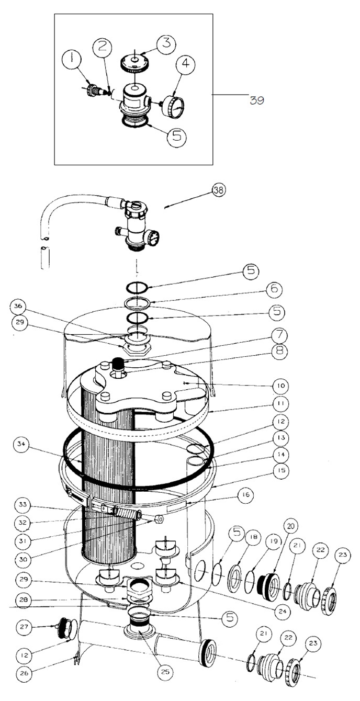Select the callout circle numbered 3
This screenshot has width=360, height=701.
pyautogui.click(x=166, y=42)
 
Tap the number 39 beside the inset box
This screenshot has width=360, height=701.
pyautogui.click(x=257, y=100)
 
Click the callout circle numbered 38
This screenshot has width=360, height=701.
pyautogui.click(x=219, y=190)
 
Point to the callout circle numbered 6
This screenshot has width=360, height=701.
pyautogui.click(x=274, y=289)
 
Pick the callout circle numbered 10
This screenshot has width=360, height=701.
pyautogui.click(x=280, y=386)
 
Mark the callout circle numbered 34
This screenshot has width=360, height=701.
pyautogui.click(x=21, y=444)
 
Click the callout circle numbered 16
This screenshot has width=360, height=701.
pyautogui.click(x=246, y=495)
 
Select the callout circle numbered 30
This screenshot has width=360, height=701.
pyautogui.click(x=23, y=559)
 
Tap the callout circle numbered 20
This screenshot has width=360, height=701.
pyautogui.click(x=291, y=526)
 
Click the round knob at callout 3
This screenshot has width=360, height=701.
pyautogui.click(x=135, y=62)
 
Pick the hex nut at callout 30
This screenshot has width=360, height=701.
pyautogui.click(x=159, y=519)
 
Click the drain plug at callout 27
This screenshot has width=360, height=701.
pyautogui.click(x=66, y=630)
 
